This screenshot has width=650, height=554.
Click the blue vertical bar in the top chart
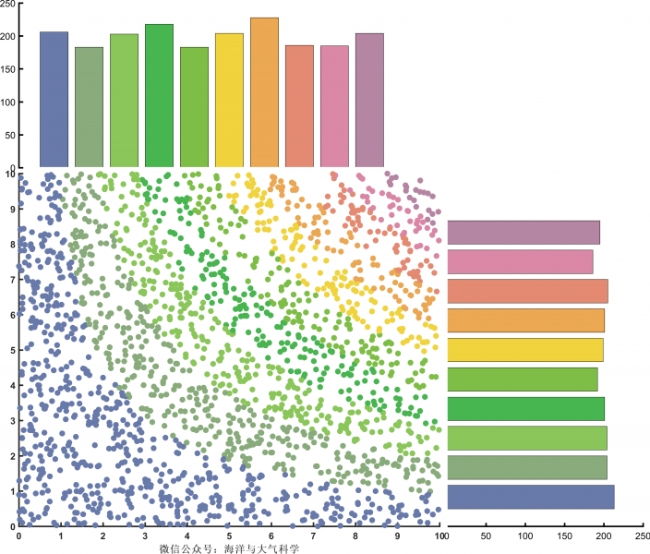54,100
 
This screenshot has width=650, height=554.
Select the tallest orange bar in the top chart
264,92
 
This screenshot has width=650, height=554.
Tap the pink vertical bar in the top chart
334,106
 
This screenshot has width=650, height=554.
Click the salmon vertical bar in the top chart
299,106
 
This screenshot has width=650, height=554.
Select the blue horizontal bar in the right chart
530,497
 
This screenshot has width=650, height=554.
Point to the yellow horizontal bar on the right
524,350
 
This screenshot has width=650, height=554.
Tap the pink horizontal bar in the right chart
520,261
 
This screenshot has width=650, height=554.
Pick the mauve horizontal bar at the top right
524,232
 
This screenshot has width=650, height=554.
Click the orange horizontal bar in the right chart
525,320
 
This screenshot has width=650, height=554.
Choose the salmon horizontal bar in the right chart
527,291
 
